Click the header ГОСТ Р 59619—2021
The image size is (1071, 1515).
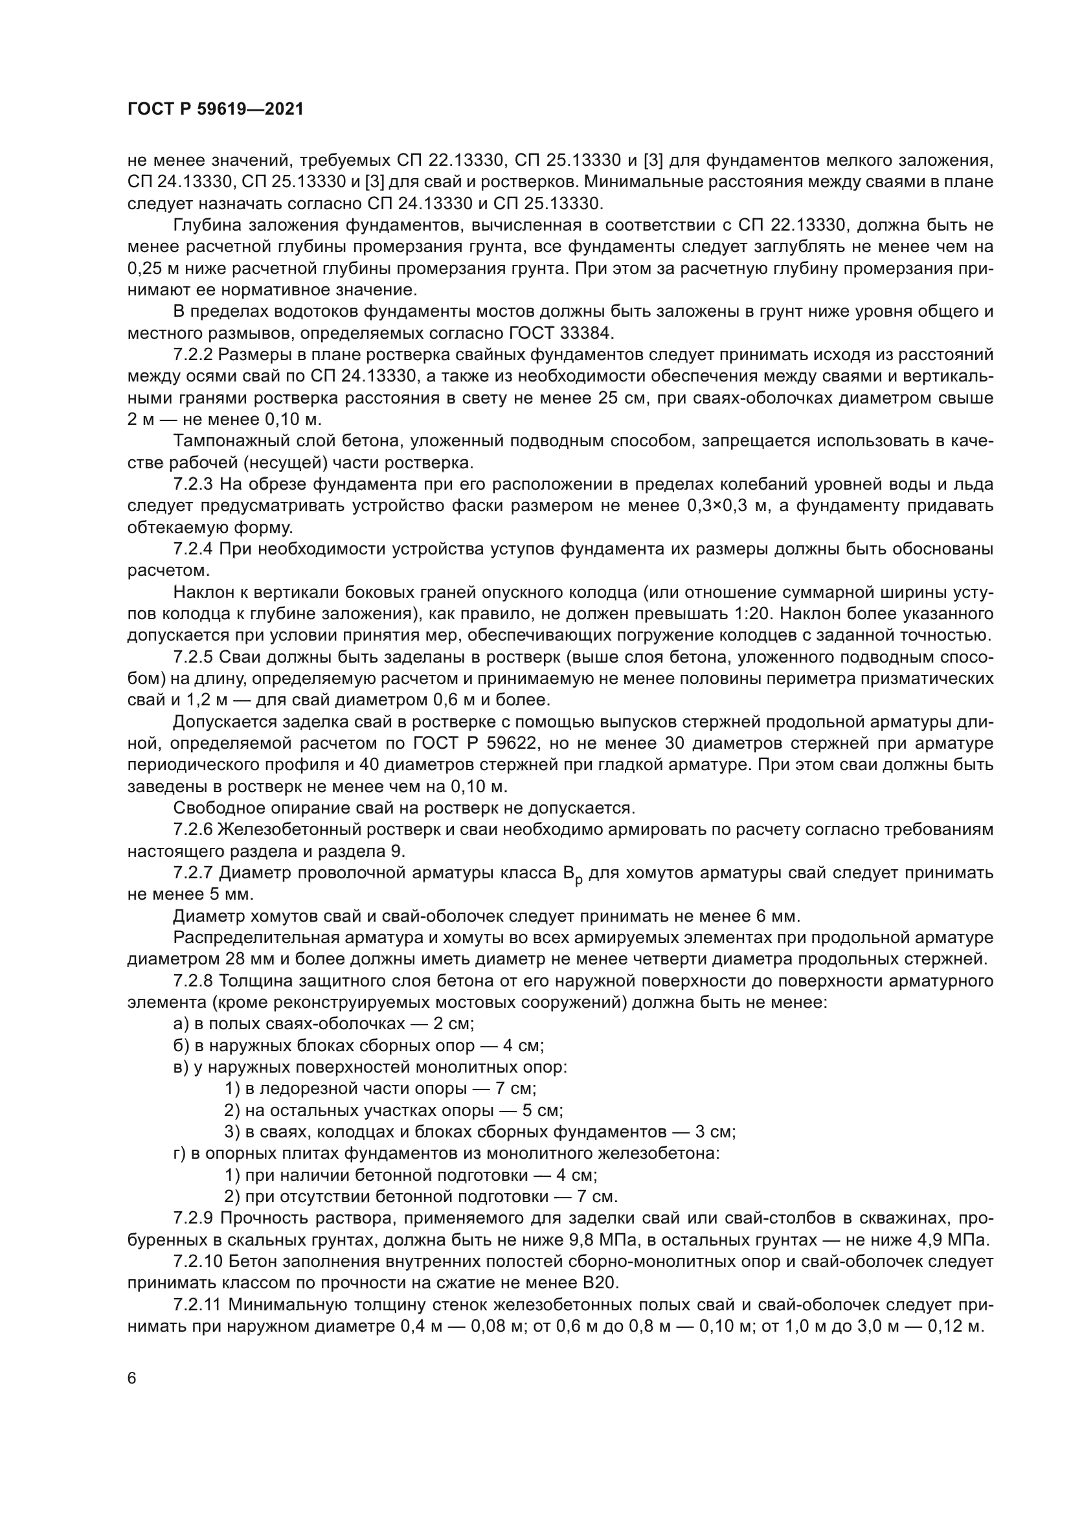(215, 109)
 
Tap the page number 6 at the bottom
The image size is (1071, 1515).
(132, 1379)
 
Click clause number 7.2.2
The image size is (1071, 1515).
(193, 355)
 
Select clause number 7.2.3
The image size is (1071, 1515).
(193, 484)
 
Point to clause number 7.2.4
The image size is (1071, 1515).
(193, 549)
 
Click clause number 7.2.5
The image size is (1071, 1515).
(193, 657)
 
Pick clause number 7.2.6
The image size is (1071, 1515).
(193, 830)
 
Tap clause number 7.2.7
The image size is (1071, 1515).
(193, 873)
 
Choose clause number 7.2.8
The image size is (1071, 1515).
(193, 981)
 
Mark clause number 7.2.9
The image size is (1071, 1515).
(193, 1218)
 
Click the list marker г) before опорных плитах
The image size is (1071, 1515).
(179, 1154)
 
